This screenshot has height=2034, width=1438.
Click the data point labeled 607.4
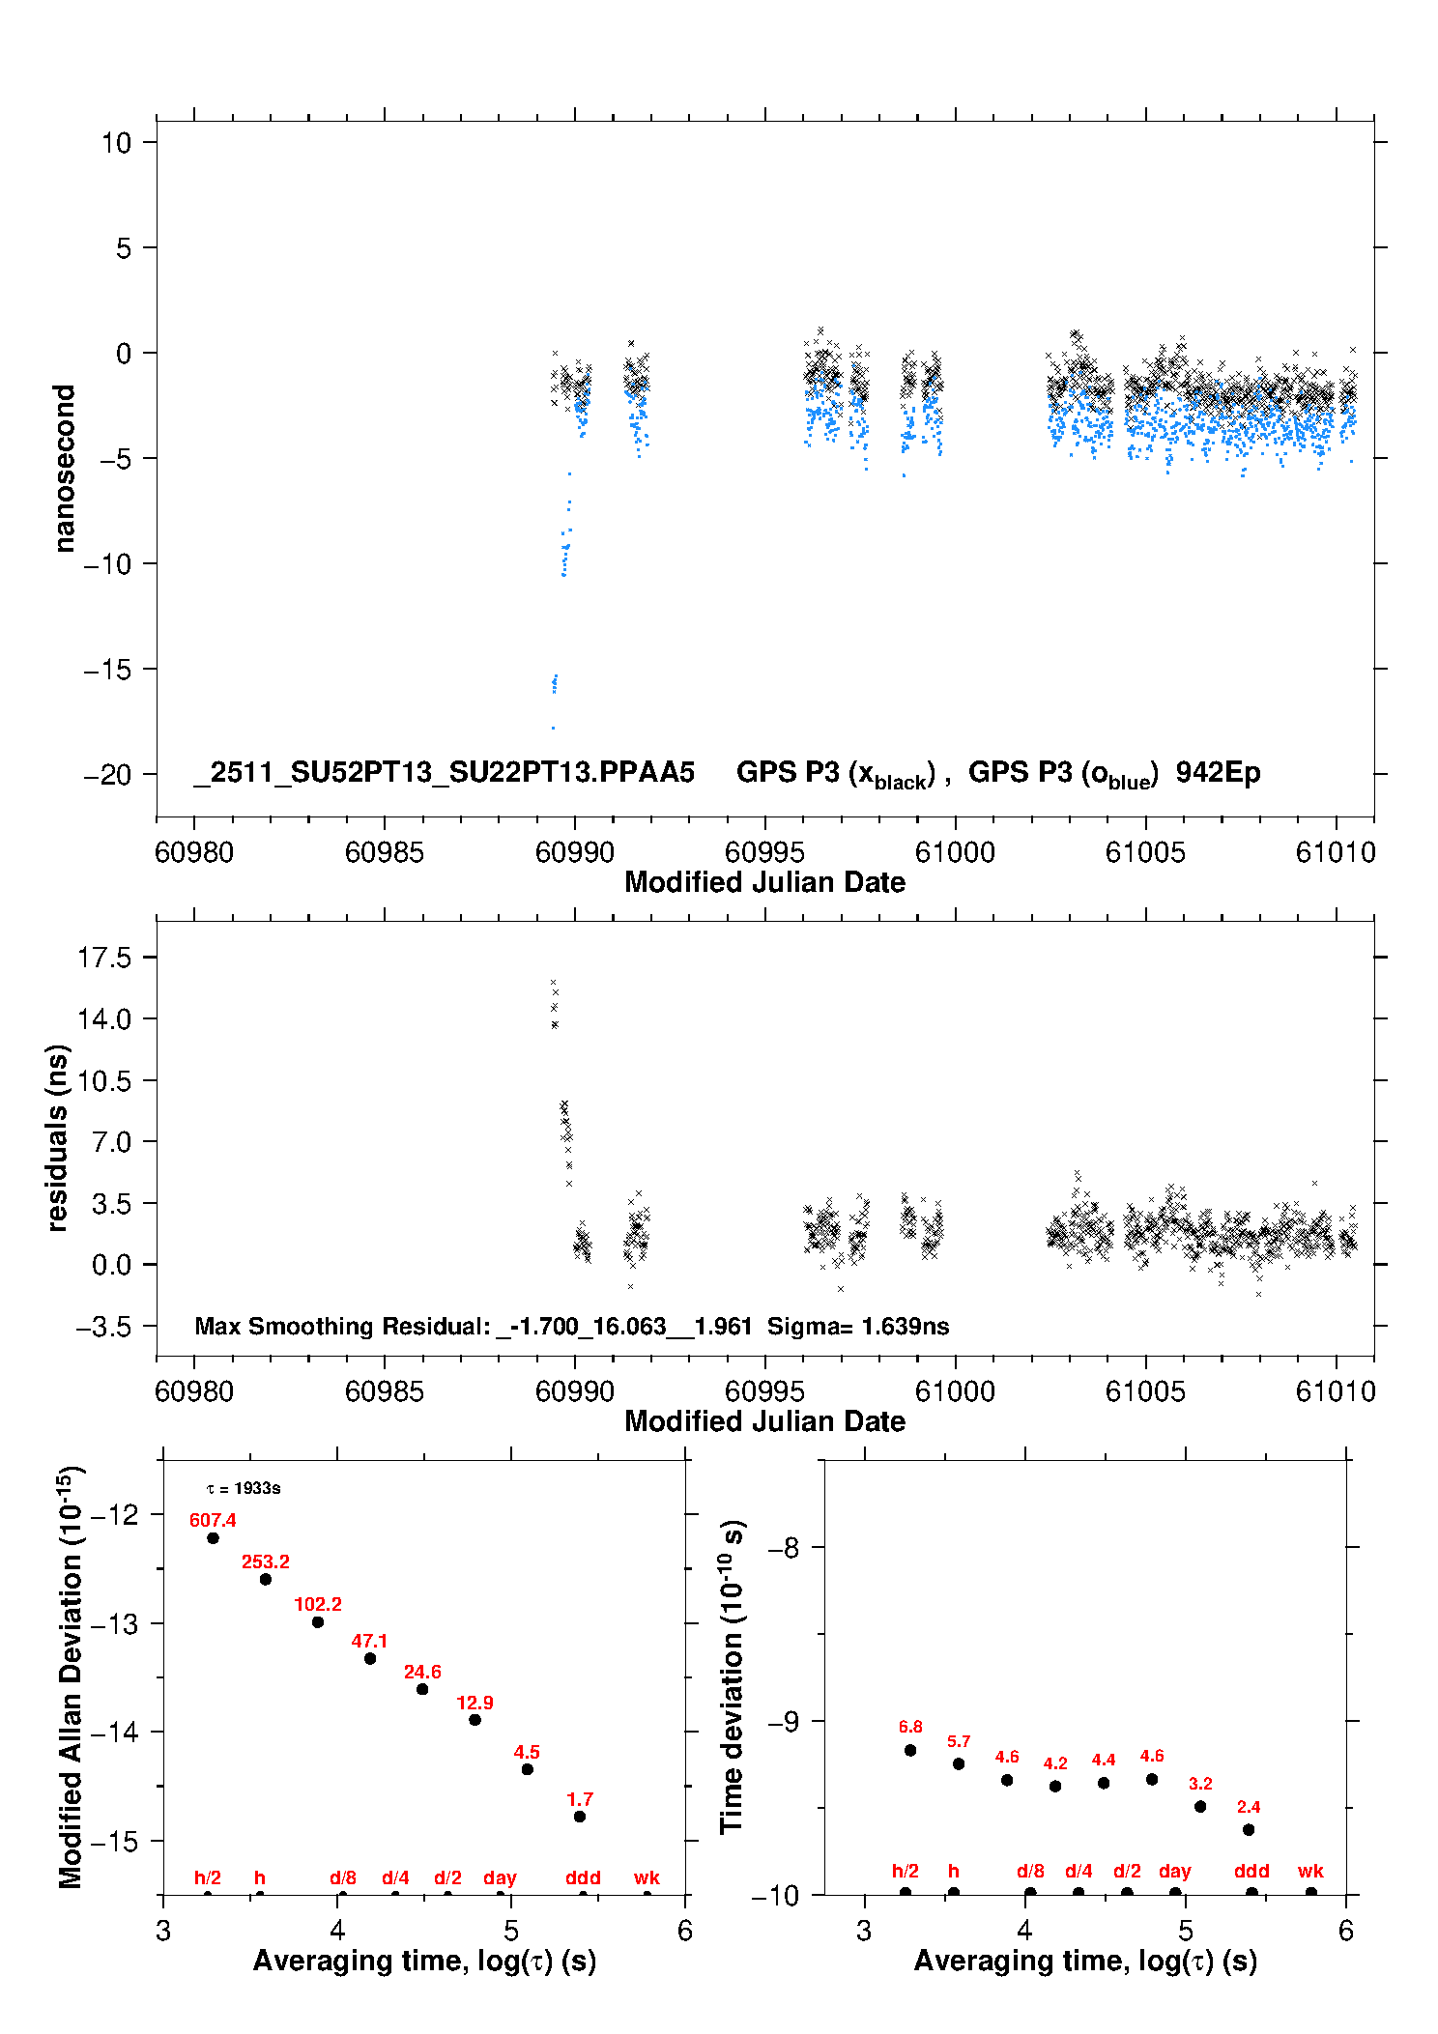pos(213,1537)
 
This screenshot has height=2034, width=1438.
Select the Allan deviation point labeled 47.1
pos(370,1658)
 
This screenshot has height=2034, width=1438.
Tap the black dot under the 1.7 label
pos(580,1817)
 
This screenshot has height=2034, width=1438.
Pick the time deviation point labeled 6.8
pos(910,1750)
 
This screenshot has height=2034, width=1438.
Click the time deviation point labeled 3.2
pos(1200,1806)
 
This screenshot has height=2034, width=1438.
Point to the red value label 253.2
pos(266,1561)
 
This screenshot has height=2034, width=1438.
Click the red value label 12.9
pos(475,1703)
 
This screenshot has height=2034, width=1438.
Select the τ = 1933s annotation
pos(244,1488)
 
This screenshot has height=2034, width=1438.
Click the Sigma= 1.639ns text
pos(858,1326)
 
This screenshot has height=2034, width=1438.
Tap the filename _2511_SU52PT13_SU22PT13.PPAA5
pos(445,772)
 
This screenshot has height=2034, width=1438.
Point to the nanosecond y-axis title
pos(64,469)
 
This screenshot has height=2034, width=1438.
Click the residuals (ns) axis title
pos(58,1138)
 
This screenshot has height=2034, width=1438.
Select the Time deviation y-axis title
pos(732,1676)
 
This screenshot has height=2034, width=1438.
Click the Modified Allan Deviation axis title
pos(70,1676)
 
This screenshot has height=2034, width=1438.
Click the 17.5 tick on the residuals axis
pos(104,958)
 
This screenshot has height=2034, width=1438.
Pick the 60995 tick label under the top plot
pos(764,852)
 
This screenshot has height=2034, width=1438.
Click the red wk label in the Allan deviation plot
pos(647,1877)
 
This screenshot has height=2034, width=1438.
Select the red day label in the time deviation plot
pos(1174,1871)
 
